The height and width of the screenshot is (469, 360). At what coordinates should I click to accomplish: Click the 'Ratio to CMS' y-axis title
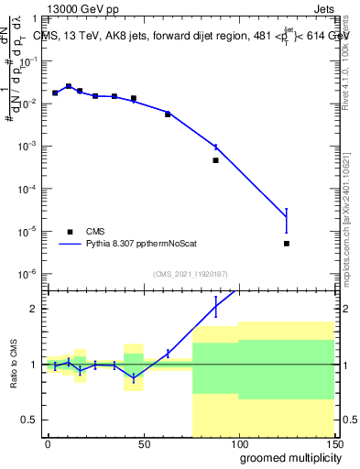tap(14, 365)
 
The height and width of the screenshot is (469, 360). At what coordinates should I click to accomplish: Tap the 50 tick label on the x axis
tap(143, 443)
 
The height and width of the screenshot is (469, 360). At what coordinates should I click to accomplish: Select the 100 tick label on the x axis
tap(238, 443)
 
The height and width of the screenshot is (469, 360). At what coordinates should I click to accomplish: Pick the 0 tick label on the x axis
tap(48, 443)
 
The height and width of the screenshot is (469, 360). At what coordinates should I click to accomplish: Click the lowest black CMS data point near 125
tap(287, 244)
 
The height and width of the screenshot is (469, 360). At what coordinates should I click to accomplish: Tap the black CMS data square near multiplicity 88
tap(215, 160)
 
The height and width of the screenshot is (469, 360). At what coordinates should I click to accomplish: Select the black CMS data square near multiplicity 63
tap(168, 115)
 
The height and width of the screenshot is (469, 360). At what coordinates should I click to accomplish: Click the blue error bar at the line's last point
tap(287, 220)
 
